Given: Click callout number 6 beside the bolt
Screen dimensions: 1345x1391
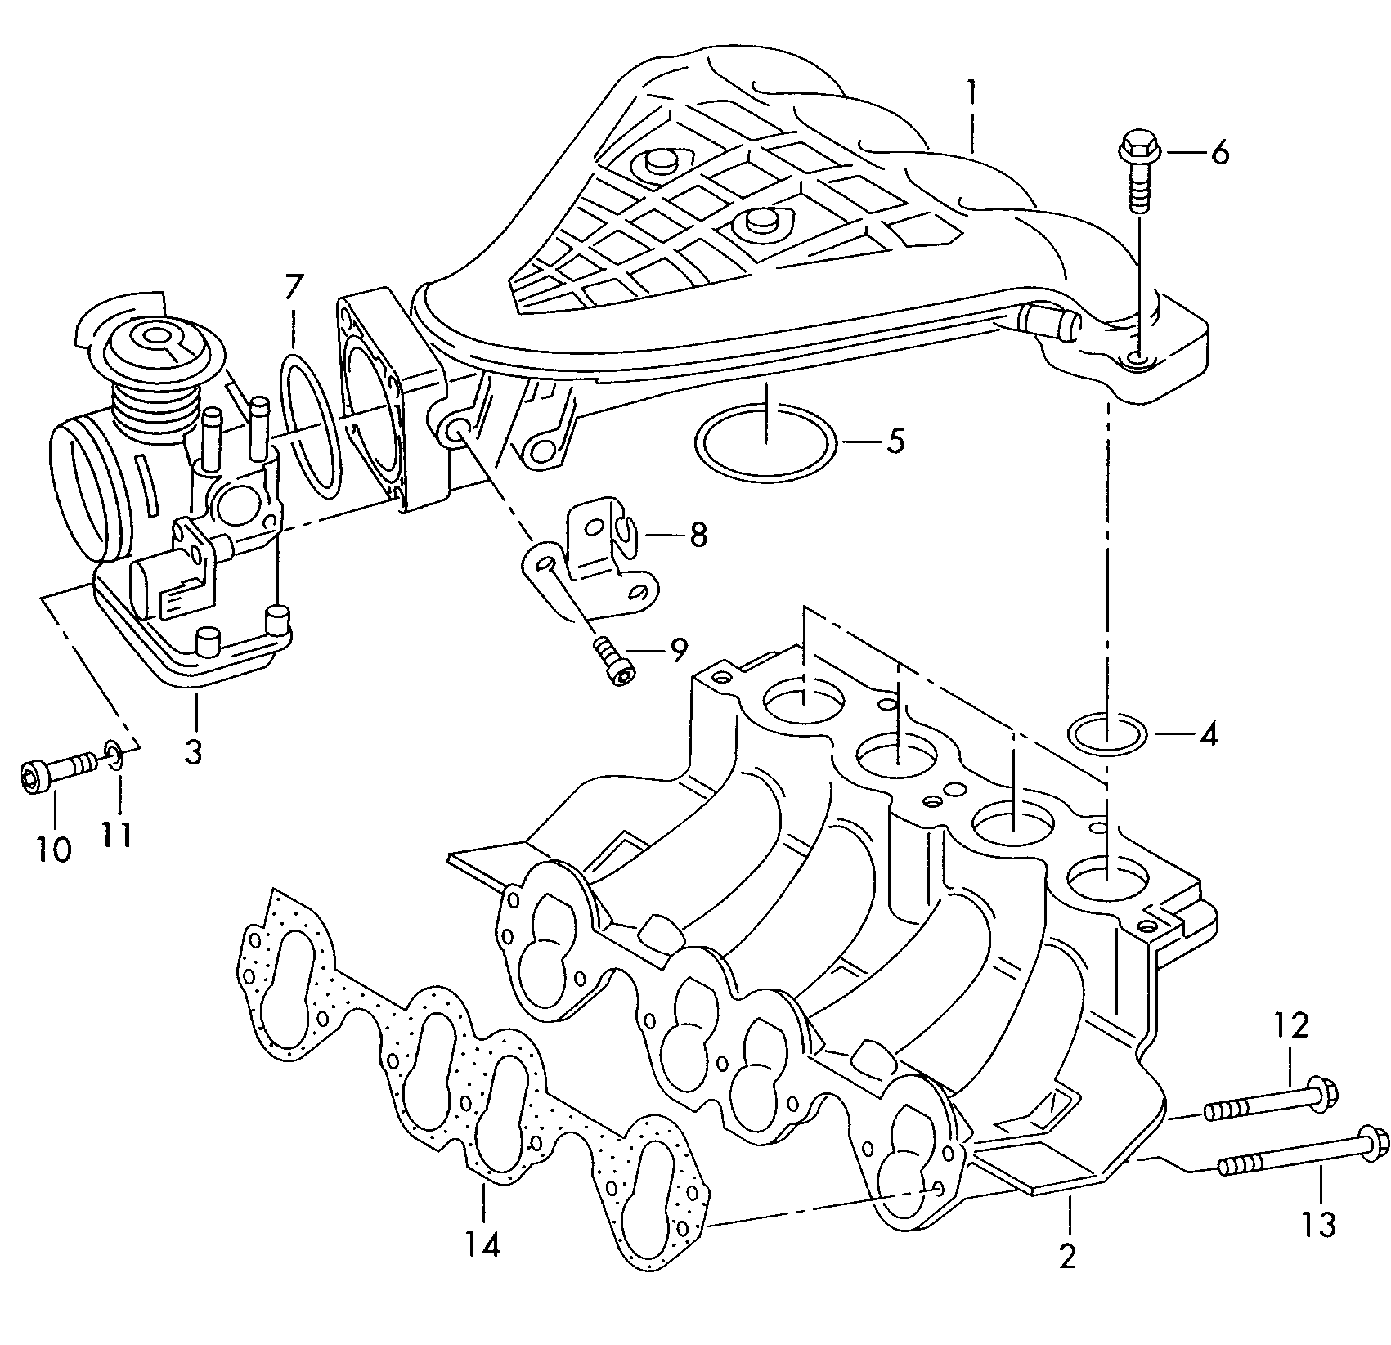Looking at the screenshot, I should pyautogui.click(x=1219, y=153).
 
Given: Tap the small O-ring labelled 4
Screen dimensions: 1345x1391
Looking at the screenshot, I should pyautogui.click(x=1107, y=733).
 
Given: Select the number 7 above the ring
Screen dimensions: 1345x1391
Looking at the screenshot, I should pyautogui.click(x=293, y=289).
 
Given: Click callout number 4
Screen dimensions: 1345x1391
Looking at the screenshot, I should pyautogui.click(x=1208, y=733).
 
